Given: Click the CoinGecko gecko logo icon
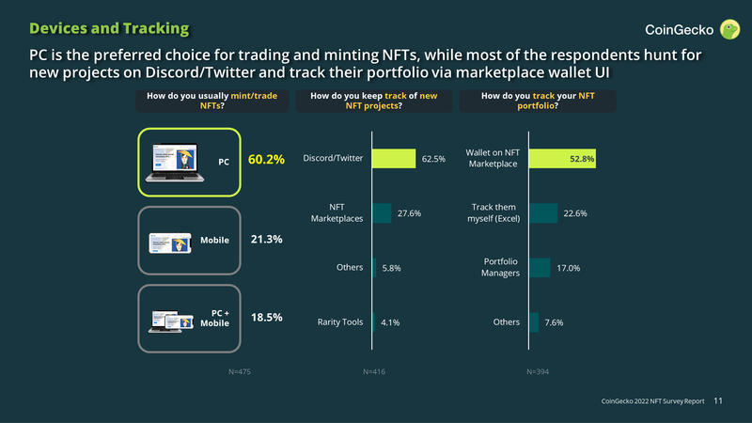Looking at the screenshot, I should click(x=729, y=30).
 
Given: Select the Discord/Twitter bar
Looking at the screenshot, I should click(x=394, y=159).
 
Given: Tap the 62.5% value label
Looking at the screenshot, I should click(x=433, y=159).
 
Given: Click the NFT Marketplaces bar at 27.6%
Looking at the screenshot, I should click(x=382, y=213).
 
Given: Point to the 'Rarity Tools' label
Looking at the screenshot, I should click(x=340, y=321).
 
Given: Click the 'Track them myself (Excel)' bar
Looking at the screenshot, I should click(x=543, y=213).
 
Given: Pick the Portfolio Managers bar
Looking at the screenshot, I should click(x=540, y=268).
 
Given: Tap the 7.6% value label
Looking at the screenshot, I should click(x=555, y=322).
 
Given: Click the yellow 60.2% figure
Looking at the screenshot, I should click(x=266, y=160).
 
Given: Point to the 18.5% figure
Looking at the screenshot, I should click(x=267, y=318).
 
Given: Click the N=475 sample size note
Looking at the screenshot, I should click(x=240, y=372).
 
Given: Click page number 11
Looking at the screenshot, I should click(x=718, y=401).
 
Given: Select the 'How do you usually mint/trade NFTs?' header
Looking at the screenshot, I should click(x=212, y=101).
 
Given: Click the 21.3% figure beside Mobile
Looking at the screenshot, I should click(x=267, y=240).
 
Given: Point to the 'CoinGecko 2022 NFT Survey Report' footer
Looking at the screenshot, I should click(x=652, y=401).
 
